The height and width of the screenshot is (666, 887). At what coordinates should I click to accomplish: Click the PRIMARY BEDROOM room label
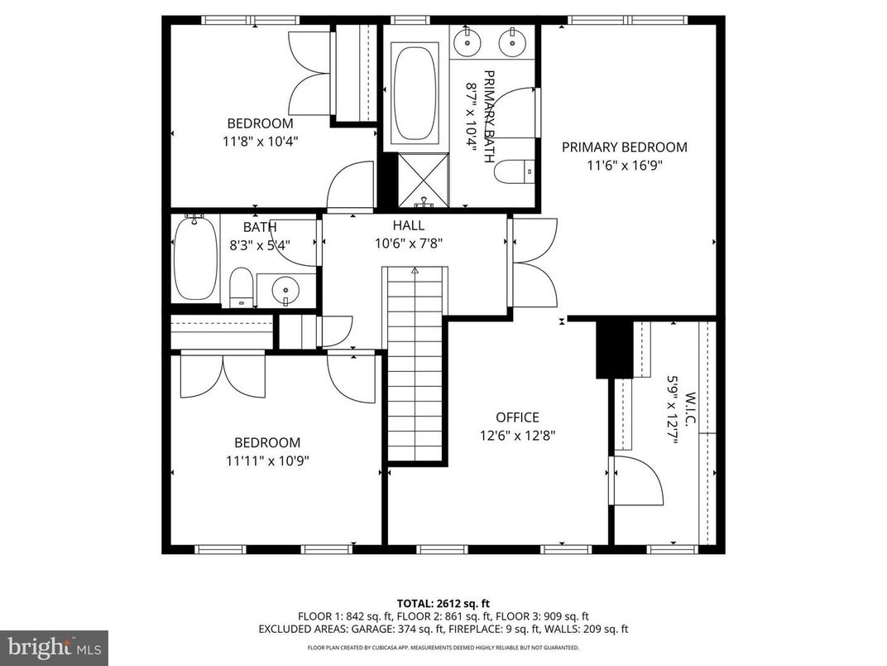(624, 147)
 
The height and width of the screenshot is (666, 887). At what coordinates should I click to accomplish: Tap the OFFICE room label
(517, 417)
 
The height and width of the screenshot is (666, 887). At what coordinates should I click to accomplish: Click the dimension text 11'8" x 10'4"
(260, 141)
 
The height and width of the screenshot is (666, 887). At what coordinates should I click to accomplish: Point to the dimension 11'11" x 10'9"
(266, 461)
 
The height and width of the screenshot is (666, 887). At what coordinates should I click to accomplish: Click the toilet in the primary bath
(514, 171)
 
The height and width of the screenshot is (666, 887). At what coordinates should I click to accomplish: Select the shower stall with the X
(424, 180)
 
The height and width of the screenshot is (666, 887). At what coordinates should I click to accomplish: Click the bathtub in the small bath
(195, 258)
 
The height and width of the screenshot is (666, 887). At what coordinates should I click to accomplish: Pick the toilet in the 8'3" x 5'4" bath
(242, 287)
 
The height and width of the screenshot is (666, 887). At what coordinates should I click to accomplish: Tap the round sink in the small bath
(286, 289)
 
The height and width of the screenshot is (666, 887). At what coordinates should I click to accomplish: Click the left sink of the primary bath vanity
(469, 38)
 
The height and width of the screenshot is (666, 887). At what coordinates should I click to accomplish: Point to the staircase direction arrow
(415, 270)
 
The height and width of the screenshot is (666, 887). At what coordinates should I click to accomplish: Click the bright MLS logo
(54, 645)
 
